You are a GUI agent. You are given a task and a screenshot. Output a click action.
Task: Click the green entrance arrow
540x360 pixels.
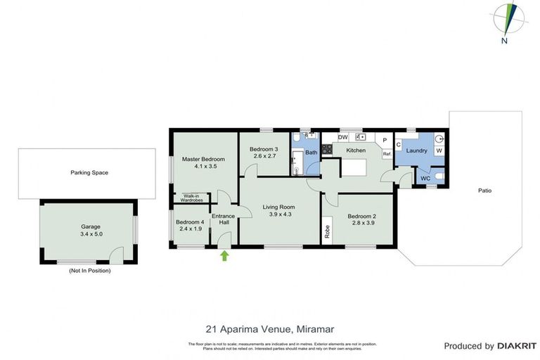(224, 256)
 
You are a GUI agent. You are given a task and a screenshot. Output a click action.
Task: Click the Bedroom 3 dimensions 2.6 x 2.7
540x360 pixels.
(264, 157)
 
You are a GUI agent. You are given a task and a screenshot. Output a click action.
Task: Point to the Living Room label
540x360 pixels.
(278, 207)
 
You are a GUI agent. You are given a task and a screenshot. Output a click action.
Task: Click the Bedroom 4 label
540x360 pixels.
(190, 222)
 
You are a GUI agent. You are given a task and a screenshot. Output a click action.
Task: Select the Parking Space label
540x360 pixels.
(89, 172)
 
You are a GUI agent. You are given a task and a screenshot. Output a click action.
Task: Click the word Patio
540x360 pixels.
(484, 191)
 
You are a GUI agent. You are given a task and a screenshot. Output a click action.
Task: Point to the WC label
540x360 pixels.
(425, 179)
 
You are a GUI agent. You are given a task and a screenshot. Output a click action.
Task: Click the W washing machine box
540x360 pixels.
(439, 150)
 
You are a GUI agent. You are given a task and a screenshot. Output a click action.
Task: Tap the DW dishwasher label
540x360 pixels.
(342, 138)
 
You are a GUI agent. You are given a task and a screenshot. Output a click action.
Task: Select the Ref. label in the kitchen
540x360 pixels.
(386, 153)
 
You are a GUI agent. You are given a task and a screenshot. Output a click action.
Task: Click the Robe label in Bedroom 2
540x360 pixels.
(328, 230)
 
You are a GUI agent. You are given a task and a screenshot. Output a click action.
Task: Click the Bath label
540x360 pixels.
(311, 153)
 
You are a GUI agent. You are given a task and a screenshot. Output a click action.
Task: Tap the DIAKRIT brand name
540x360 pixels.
(517, 346)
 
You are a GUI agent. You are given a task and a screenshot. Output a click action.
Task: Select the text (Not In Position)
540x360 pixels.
(89, 270)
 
